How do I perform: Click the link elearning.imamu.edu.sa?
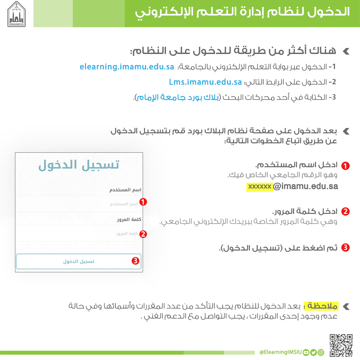point(127,67)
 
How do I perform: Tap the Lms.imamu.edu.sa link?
point(205,82)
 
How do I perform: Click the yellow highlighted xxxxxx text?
point(260,186)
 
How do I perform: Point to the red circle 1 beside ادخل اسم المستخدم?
point(346,166)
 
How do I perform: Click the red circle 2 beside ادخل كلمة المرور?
point(346,212)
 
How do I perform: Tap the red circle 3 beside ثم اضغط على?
point(346,248)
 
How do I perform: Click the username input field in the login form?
point(79,204)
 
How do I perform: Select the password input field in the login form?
point(79,234)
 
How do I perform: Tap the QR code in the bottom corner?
point(341,346)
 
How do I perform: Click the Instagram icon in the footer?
point(321,352)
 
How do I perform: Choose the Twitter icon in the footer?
point(313,352)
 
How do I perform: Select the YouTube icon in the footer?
point(306,352)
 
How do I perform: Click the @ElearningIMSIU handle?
point(280,352)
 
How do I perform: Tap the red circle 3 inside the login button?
point(135,261)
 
